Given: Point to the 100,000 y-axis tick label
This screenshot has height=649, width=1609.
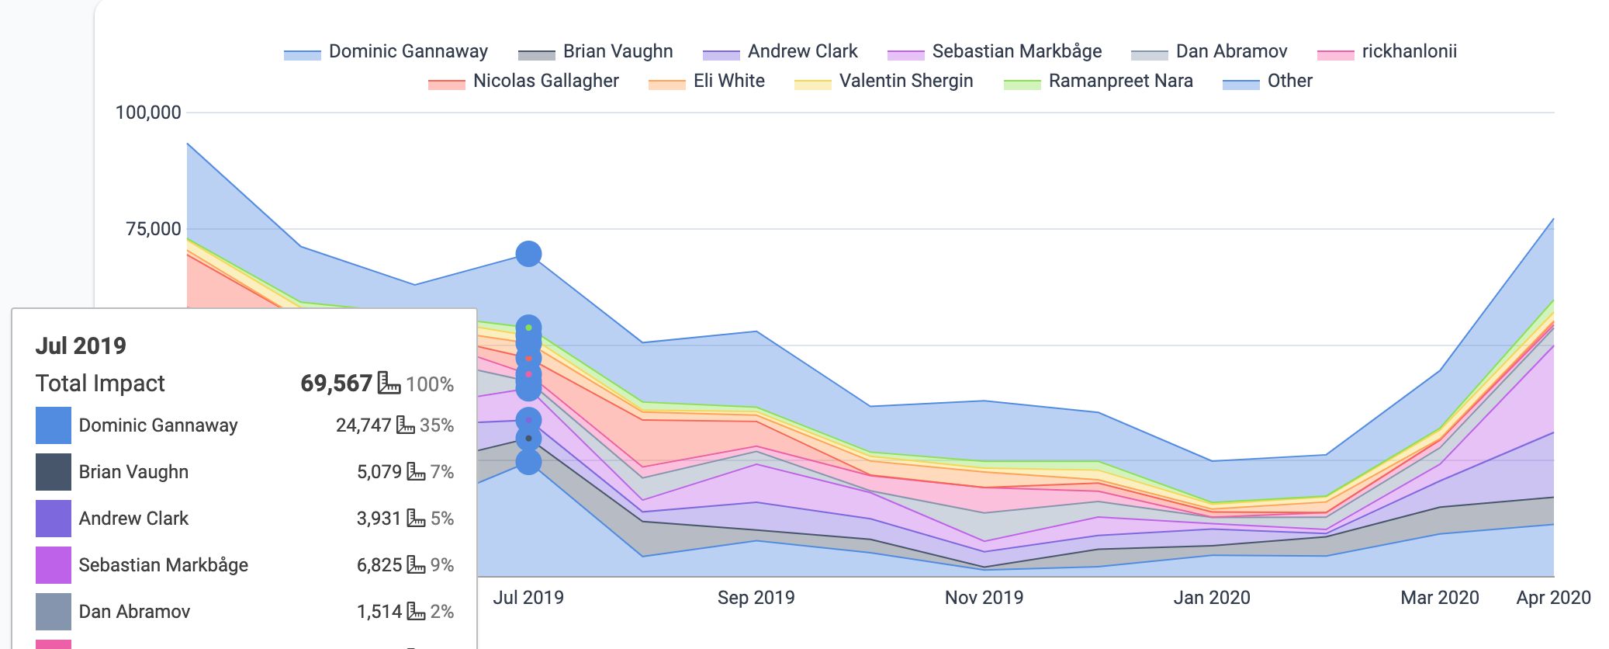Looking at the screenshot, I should (x=148, y=113).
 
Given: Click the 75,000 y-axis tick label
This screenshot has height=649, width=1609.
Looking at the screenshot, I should (x=154, y=229).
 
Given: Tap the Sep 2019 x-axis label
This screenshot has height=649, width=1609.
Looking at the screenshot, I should (x=756, y=598).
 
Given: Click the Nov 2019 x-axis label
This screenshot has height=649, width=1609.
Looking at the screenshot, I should (x=984, y=598).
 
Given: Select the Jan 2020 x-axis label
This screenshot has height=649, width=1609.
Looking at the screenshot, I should (x=1212, y=598).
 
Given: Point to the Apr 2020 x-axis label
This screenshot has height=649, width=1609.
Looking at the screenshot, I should (x=1552, y=598).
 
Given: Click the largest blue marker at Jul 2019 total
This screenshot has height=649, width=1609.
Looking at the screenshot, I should (x=528, y=254).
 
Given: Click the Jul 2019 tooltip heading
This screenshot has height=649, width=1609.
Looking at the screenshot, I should (x=81, y=346).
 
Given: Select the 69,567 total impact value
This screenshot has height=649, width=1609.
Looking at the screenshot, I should (x=336, y=383).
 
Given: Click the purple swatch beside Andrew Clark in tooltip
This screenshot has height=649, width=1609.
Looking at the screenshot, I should (x=54, y=519).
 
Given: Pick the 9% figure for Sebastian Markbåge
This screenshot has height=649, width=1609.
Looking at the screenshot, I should (x=441, y=565).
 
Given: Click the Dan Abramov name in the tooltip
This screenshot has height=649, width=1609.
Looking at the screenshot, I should (x=134, y=612).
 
